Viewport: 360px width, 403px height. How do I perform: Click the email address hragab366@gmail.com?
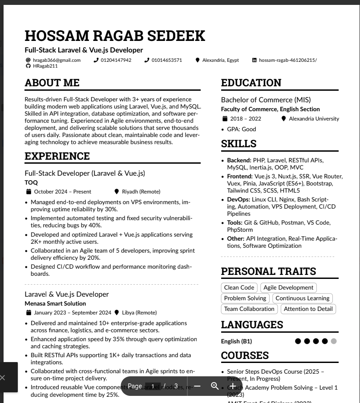tap(57, 60)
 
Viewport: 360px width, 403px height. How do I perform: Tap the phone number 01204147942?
tap(116, 60)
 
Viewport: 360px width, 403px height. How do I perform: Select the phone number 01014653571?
tap(166, 60)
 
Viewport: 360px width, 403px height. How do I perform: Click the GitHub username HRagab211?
tap(45, 66)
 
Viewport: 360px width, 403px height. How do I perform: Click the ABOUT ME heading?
tap(52, 83)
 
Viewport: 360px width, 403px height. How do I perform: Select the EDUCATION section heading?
tap(251, 83)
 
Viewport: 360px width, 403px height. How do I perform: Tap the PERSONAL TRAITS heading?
tap(268, 271)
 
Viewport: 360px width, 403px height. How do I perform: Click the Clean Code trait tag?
tap(239, 288)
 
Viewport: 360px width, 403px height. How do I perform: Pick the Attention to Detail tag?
tap(308, 309)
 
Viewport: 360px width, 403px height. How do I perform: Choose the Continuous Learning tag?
tap(303, 298)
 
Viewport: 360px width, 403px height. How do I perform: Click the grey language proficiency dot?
tap(334, 341)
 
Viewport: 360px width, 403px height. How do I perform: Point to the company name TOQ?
tap(31, 182)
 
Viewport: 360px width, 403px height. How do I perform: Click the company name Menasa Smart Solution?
tap(55, 303)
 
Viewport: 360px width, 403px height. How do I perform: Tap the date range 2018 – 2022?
tap(246, 119)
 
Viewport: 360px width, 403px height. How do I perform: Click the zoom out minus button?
tap(197, 386)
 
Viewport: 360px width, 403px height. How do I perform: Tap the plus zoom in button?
tap(233, 386)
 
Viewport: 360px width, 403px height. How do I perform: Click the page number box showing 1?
tap(153, 386)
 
